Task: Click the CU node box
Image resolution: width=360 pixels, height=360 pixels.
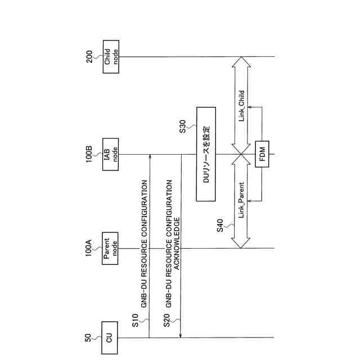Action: point(110,337)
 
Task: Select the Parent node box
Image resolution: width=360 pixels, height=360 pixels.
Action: point(110,249)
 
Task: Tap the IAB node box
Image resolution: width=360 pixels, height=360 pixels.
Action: point(110,155)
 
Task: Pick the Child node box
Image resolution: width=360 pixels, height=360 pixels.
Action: point(110,56)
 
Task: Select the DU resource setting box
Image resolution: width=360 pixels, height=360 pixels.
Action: point(206,155)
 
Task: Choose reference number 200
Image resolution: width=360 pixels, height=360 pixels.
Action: point(88,57)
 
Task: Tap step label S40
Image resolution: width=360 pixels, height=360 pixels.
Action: point(220,225)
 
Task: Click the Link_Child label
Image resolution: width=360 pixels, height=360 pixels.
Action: point(242,107)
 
